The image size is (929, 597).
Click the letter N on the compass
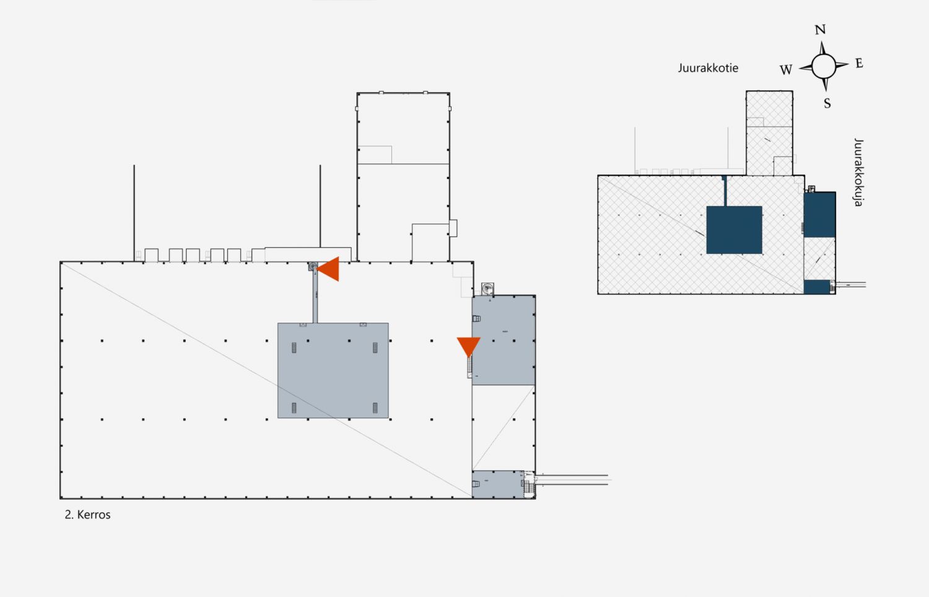(820, 30)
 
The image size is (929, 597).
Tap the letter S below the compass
(827, 103)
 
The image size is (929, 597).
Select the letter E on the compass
(859, 63)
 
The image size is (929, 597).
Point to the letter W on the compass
(786, 69)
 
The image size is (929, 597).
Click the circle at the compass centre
(823, 66)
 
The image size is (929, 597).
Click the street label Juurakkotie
(708, 68)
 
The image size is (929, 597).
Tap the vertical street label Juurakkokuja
(858, 172)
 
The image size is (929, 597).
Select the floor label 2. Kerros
(87, 515)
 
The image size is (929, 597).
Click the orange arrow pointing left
(328, 269)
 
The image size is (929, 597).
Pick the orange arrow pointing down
(469, 347)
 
